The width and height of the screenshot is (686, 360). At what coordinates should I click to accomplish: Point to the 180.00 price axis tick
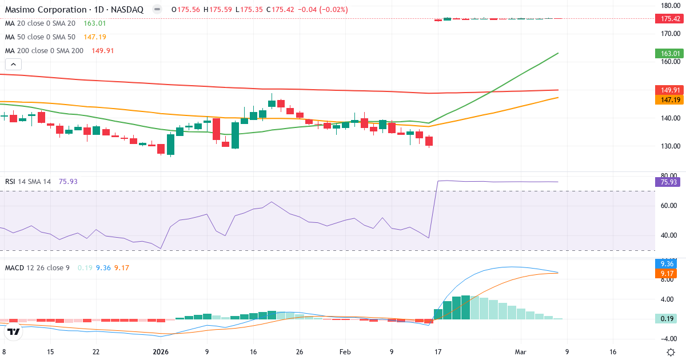click(669, 5)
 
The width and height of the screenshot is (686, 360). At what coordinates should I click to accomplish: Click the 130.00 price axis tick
click(669, 146)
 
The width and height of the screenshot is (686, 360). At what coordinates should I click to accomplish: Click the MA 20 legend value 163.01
click(94, 23)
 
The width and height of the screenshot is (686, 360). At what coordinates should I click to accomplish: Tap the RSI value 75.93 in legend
click(68, 181)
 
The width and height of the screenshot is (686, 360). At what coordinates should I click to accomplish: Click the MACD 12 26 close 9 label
click(38, 267)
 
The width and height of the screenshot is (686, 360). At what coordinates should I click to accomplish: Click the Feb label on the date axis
click(345, 353)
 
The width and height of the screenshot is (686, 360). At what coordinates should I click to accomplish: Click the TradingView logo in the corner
click(14, 331)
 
